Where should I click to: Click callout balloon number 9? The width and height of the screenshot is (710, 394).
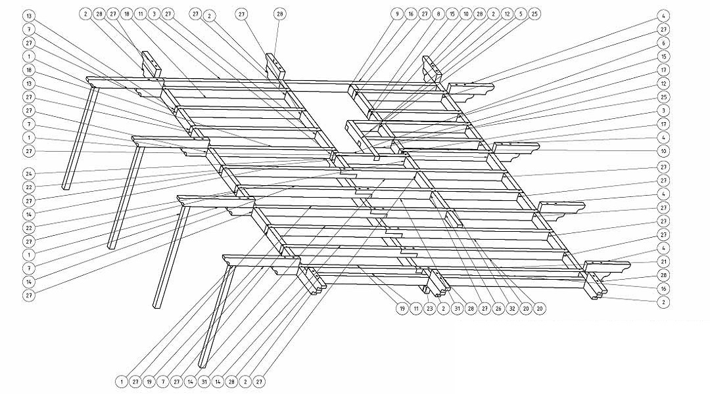[x=396, y=13]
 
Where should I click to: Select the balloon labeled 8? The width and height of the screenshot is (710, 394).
[x=438, y=13]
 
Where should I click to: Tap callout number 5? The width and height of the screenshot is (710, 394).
[x=520, y=13]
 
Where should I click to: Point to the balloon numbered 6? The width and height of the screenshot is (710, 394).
[x=664, y=43]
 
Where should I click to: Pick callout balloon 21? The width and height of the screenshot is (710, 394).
[x=664, y=262]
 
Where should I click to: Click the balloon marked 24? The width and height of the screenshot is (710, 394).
[x=30, y=173]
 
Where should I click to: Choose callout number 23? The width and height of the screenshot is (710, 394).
[x=429, y=307]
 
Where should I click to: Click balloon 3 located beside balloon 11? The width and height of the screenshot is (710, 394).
[x=154, y=13]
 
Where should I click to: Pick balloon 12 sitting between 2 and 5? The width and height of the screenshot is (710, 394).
[x=507, y=13]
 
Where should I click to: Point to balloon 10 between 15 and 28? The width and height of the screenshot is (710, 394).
[x=465, y=13]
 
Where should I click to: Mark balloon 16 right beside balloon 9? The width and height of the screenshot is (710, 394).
[x=410, y=13]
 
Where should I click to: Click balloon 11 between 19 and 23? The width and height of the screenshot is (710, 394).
[x=415, y=307]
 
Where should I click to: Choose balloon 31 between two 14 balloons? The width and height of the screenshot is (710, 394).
[x=204, y=381]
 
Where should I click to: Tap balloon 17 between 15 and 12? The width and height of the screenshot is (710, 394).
[x=664, y=70]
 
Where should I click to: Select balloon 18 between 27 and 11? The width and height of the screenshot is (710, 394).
[x=127, y=13]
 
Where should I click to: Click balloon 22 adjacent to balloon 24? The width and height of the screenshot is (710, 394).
[x=30, y=187]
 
